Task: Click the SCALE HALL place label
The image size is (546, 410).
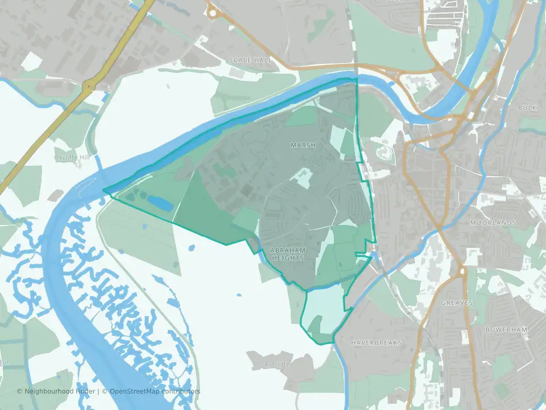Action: [250, 60]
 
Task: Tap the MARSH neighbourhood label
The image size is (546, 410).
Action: [303, 146]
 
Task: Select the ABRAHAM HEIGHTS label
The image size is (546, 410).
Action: [288, 254]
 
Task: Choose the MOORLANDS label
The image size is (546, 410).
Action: [493, 223]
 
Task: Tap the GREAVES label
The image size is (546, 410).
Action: [457, 303]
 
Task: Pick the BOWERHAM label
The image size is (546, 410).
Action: [507, 330]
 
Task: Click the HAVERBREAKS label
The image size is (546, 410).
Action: [376, 343]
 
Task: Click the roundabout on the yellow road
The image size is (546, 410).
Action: [89, 87]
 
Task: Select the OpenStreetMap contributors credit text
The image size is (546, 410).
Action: [155, 391]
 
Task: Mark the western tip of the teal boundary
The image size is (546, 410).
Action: [104, 191]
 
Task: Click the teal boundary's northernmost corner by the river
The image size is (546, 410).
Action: [356, 79]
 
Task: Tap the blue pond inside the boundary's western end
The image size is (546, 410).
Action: [159, 202]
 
